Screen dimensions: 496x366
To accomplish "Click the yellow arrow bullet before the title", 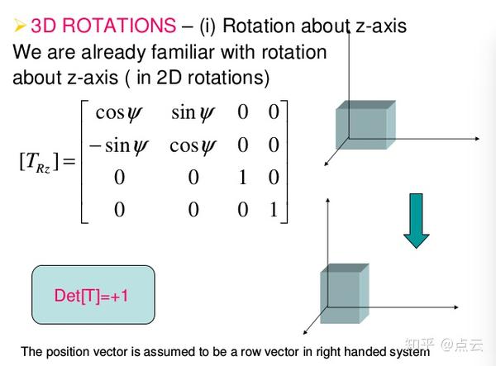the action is pyautogui.click(x=20, y=26).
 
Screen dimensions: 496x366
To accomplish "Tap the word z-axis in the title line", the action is pyautogui.click(x=381, y=26).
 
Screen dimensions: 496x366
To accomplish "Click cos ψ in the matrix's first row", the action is pyautogui.click(x=118, y=113).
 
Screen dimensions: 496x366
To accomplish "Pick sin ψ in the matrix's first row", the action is pyautogui.click(x=193, y=113).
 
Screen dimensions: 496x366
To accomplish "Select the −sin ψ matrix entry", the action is pyautogui.click(x=118, y=146).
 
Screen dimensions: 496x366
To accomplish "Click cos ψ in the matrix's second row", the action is pyautogui.click(x=193, y=147).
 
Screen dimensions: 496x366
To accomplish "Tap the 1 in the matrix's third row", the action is pyautogui.click(x=242, y=177).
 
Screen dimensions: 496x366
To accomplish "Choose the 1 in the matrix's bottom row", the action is pyautogui.click(x=274, y=209).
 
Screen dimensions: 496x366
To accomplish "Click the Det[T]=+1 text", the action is pyautogui.click(x=91, y=296).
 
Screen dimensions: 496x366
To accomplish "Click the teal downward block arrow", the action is pyautogui.click(x=416, y=221).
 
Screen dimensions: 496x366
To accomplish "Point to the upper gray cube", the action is pyautogui.click(x=365, y=125).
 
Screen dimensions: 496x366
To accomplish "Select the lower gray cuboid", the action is pyautogui.click(x=345, y=293).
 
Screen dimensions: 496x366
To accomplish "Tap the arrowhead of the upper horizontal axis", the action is pyautogui.click(x=477, y=139).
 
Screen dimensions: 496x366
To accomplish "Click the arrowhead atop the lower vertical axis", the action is pyautogui.click(x=328, y=200).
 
